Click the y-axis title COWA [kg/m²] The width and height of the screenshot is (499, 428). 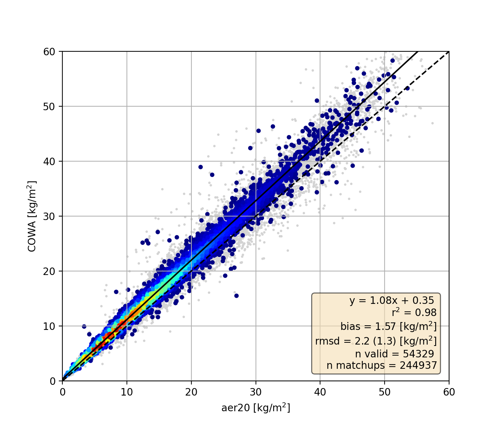pos(32,216)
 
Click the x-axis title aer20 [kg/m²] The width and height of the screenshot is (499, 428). pos(256,408)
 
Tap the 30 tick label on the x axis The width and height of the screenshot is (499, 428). pos(256,392)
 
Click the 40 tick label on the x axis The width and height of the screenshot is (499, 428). pos(320,392)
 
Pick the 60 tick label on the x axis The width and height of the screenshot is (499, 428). pos(449,392)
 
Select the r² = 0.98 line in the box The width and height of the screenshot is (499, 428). pos(414,313)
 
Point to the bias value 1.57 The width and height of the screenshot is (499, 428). pos(396,326)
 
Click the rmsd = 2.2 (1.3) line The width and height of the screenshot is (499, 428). pos(376,341)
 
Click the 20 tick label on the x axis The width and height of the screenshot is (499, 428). pos(191,392)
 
